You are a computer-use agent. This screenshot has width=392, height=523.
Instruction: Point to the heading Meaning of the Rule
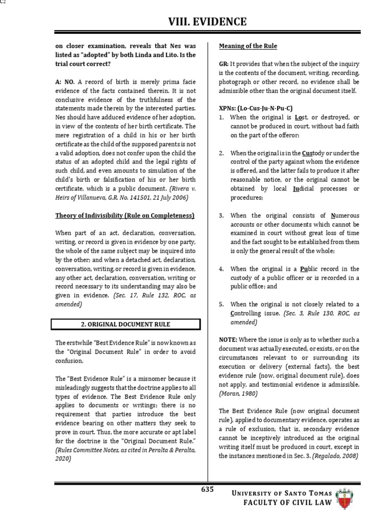[248, 46]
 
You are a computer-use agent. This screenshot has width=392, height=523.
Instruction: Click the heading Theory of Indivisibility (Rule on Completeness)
[125, 216]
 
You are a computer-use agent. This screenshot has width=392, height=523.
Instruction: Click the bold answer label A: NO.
[65, 82]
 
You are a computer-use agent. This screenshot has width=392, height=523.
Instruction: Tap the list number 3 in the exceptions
[222, 216]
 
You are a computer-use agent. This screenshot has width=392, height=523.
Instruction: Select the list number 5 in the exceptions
[222, 304]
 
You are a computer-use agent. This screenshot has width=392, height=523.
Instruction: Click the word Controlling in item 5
[249, 313]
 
